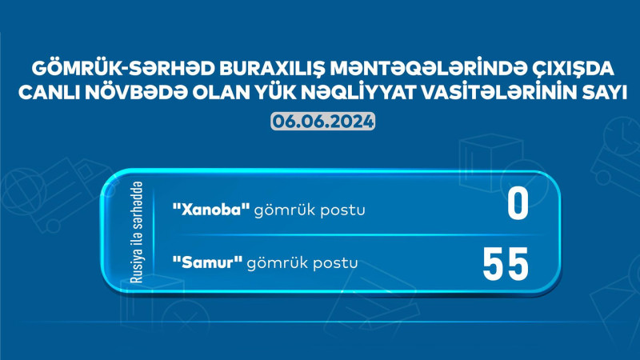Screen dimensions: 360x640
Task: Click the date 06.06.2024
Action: (x=320, y=122)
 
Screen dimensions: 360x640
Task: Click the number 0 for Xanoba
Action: (x=518, y=205)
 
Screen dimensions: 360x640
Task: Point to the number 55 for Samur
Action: (x=506, y=263)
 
